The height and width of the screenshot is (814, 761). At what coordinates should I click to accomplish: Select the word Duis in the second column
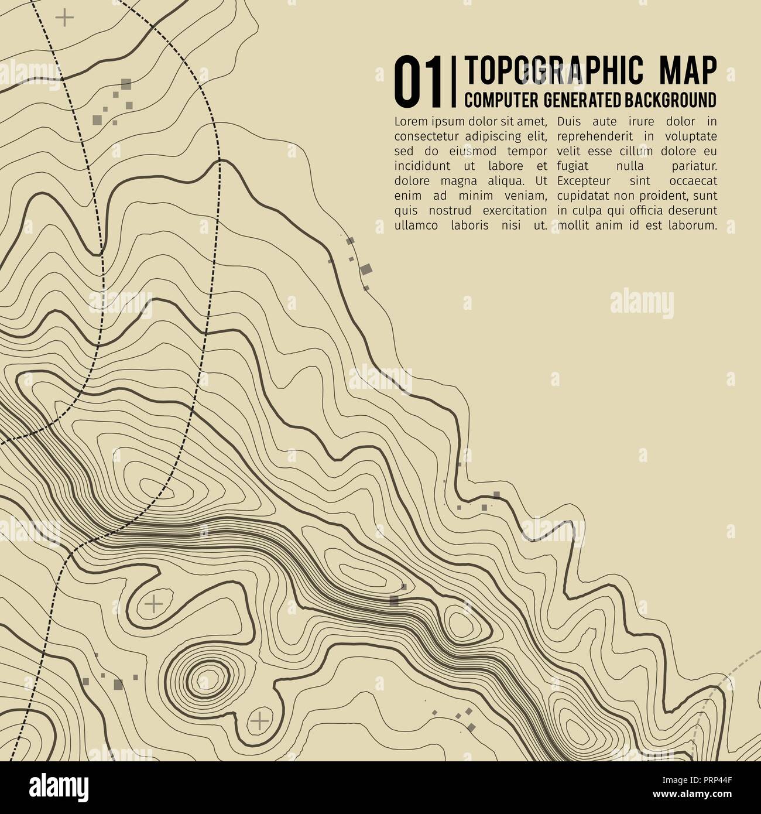570,122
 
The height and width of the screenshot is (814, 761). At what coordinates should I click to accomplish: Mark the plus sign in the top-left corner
64,18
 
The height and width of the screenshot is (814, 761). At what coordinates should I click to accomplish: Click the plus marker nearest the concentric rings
259,721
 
